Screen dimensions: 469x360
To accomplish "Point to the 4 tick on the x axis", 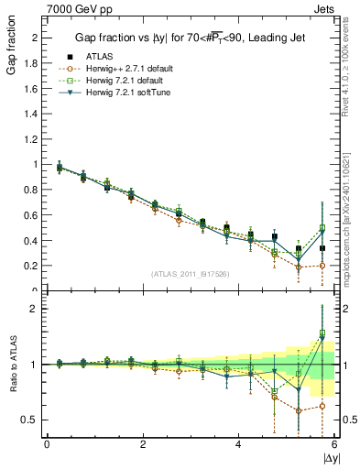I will (x=239, y=444).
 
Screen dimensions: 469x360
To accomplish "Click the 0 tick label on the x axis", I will (x=47, y=444).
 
